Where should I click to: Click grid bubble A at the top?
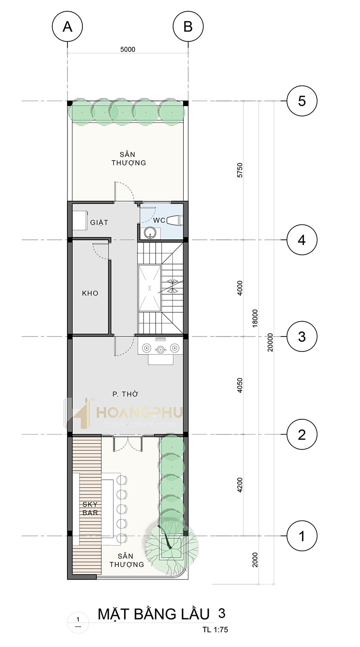(x=67, y=26)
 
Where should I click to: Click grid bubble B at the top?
(x=188, y=26)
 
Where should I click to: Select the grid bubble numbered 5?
(x=302, y=101)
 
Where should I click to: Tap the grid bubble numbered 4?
(x=302, y=240)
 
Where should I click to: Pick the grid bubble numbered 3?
(x=302, y=337)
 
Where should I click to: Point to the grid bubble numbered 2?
(x=302, y=435)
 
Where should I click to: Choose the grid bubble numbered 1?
(x=302, y=536)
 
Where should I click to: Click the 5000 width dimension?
(x=128, y=49)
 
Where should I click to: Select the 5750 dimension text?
(x=240, y=170)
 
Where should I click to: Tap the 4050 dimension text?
(x=240, y=385)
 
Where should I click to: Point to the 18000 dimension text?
(x=255, y=318)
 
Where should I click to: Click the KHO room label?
(x=90, y=293)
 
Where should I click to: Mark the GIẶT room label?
(x=99, y=222)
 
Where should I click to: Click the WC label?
(x=159, y=220)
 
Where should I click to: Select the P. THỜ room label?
(x=126, y=394)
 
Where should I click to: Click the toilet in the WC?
(x=175, y=220)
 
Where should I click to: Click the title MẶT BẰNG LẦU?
(x=154, y=614)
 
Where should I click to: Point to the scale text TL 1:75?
(x=215, y=629)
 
